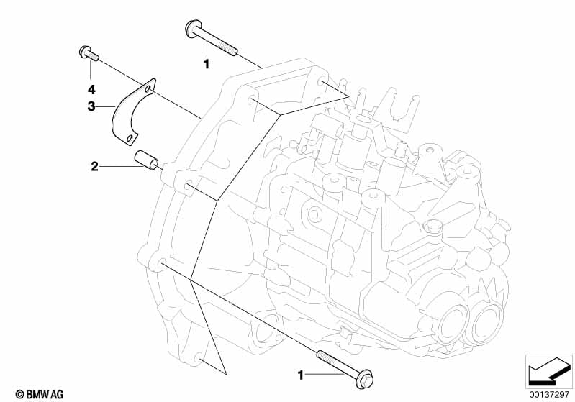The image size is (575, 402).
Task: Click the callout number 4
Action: [91, 89]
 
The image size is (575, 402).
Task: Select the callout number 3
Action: [91, 106]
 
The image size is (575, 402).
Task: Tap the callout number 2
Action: [94, 167]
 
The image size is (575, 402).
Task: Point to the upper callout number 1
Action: [207, 64]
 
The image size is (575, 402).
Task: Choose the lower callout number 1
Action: [301, 375]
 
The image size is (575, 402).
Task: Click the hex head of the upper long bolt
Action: [193, 29]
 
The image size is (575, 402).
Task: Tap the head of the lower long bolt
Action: [364, 379]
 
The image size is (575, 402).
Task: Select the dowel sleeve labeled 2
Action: [146, 160]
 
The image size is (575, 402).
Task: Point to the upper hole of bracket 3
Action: [148, 88]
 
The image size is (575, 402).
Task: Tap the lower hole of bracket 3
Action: [129, 139]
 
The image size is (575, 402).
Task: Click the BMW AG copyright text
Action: [40, 394]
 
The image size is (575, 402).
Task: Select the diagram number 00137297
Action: [548, 394]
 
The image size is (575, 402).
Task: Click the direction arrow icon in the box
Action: [548, 371]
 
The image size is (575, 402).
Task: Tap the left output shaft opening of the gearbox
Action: [453, 324]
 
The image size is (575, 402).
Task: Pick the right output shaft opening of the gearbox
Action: [487, 321]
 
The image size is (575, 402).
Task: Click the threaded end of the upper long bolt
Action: [227, 48]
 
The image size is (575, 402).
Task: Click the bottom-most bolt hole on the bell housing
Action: [198, 357]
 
